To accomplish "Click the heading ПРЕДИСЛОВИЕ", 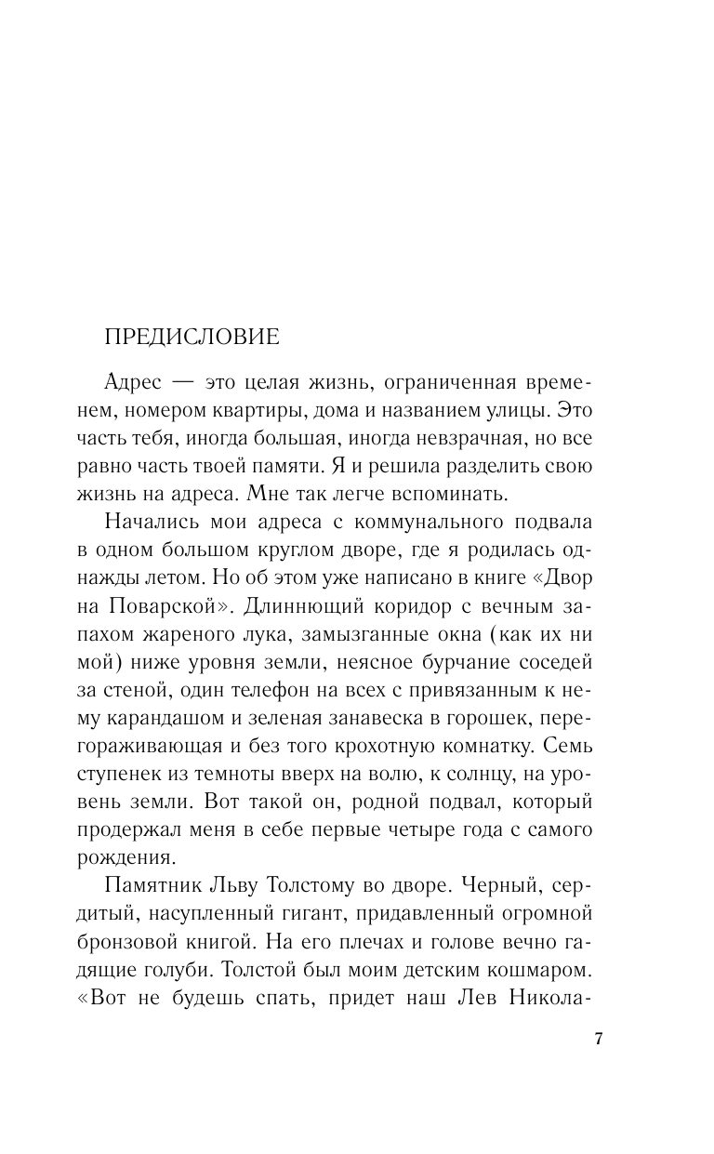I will click(x=192, y=337).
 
